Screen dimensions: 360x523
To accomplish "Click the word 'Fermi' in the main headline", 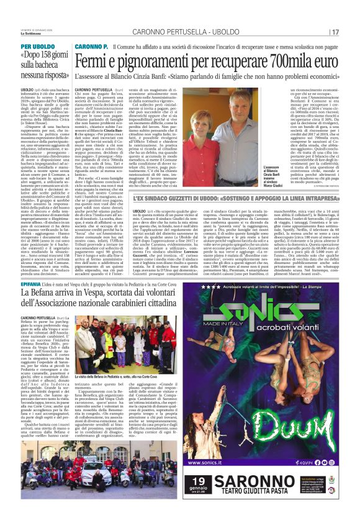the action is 97,62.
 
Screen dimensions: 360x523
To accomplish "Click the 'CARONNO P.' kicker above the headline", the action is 92,47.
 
